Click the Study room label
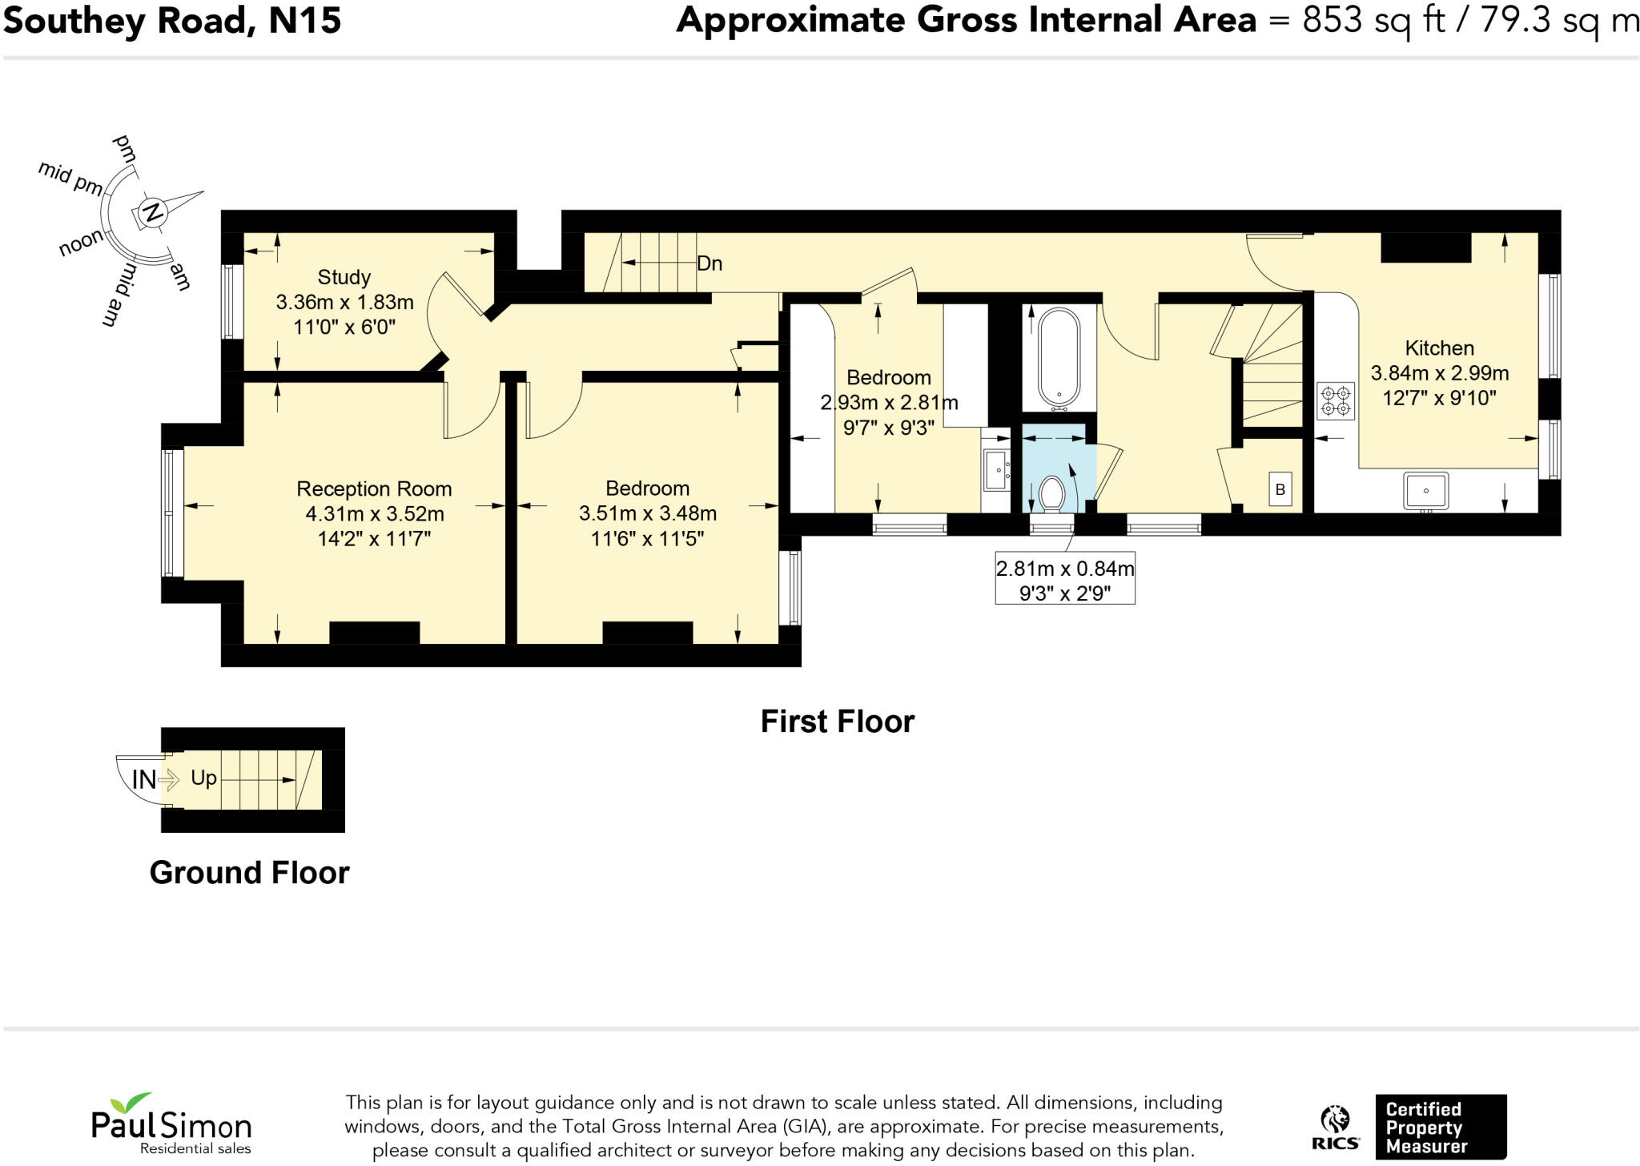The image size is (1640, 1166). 344,277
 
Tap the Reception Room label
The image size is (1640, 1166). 374,489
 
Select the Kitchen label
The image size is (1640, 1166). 1439,348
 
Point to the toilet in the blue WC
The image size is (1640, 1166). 1051,493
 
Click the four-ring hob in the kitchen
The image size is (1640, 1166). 1335,401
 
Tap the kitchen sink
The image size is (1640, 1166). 1425,490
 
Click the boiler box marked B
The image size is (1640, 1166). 1280,489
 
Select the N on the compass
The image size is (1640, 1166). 151,213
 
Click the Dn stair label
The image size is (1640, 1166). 709,263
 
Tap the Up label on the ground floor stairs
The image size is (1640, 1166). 203,778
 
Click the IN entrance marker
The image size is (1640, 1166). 144,779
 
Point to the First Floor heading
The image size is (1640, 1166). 837,722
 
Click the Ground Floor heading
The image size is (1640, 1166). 249,872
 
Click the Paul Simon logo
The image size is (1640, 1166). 171,1123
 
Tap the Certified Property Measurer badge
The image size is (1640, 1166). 1441,1127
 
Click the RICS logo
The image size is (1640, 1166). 1335,1128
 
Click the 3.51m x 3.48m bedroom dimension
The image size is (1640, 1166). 648,513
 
